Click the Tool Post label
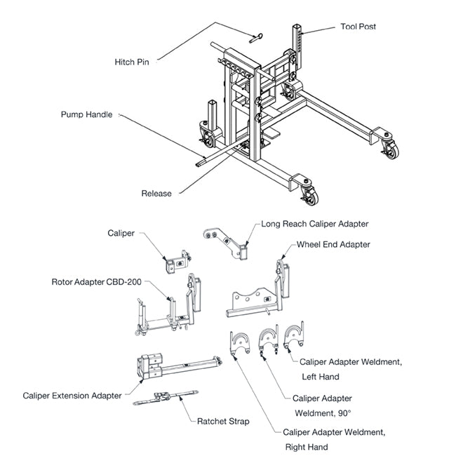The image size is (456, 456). pos(358,27)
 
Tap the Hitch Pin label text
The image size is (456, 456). pos(132,62)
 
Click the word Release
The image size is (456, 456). pos(156,194)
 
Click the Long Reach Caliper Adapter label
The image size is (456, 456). pos(315,224)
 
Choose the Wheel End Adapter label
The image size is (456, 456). pos(333,245)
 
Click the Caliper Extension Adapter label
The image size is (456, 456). pos(72,396)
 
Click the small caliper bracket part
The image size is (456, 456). pos(177,261)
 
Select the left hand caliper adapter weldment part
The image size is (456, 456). pos(293,337)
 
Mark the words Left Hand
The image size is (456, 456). pos(321,377)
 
